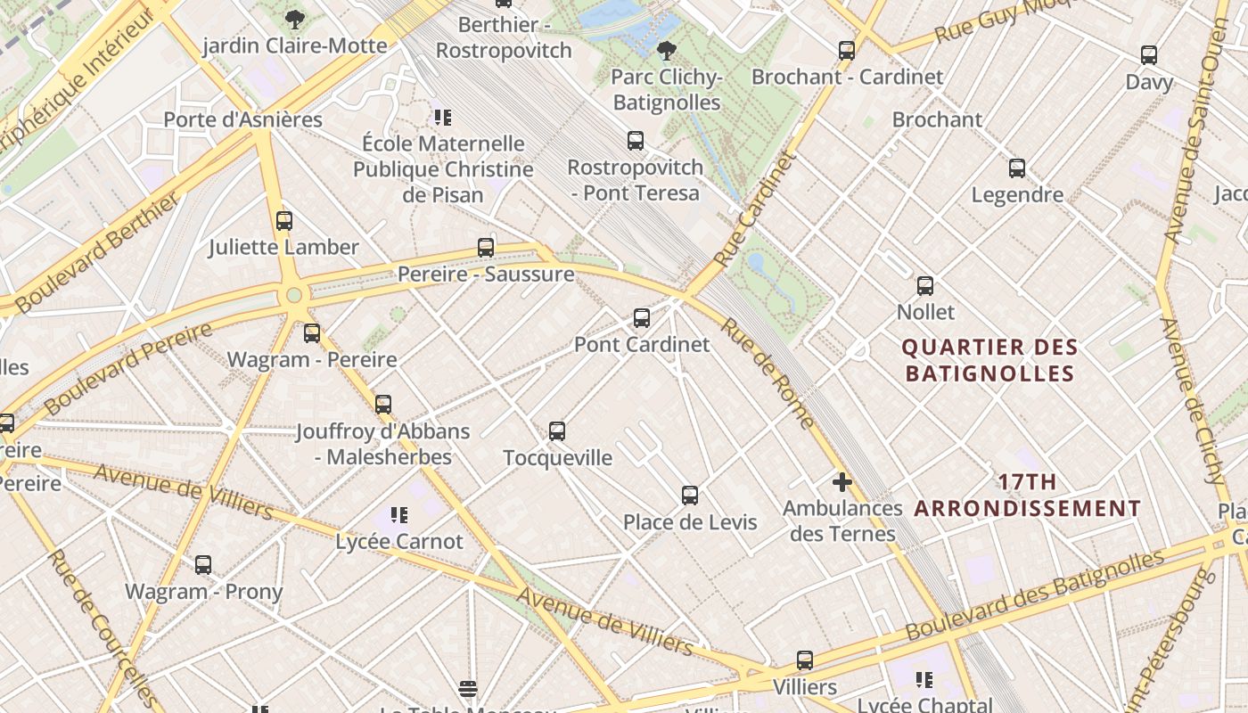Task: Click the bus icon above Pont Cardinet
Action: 641,318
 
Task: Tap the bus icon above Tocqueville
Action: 557,431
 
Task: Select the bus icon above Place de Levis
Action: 689,496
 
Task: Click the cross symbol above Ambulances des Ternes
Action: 842,482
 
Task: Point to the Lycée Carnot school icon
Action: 398,515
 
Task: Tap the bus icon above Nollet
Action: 925,286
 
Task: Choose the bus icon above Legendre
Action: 1016,168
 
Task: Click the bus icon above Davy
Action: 1149,55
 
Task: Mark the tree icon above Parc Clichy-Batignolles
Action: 666,50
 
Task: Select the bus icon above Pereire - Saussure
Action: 486,248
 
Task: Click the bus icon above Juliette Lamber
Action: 284,221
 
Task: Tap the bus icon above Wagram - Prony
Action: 203,565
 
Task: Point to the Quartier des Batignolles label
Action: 989,360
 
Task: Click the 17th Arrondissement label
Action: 1027,496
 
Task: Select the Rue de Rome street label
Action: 768,373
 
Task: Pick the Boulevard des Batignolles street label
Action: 1034,595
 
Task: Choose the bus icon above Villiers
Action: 805,660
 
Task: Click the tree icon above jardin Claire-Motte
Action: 294,19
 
